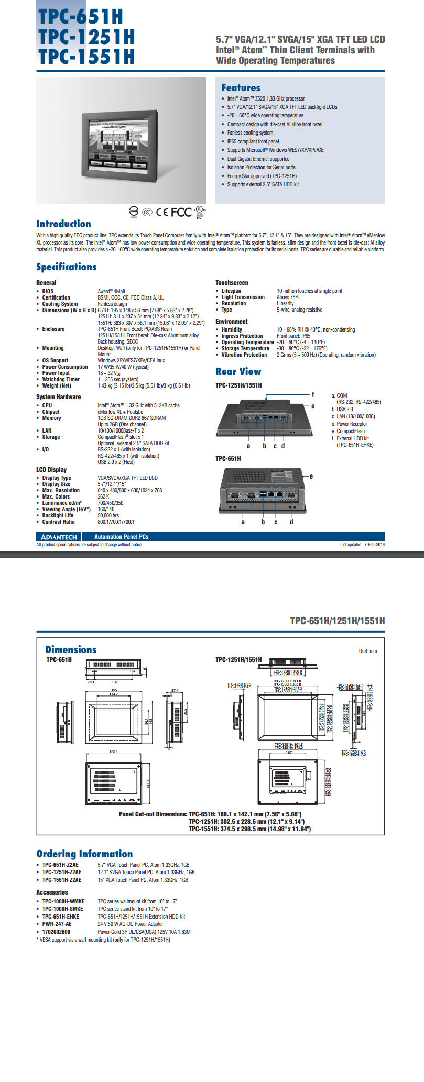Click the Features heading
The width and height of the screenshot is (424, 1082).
tap(241, 88)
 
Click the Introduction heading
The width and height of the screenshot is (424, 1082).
tap(63, 224)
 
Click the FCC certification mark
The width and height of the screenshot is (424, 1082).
tap(181, 212)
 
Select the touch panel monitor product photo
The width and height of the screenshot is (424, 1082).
tap(122, 141)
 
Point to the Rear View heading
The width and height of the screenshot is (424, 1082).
tap(238, 371)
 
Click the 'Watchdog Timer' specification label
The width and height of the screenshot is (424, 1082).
tap(61, 379)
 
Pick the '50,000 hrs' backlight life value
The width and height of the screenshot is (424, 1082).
tap(108, 515)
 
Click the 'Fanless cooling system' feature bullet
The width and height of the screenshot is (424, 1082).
tap(250, 133)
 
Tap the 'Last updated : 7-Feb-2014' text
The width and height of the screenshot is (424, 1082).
tap(362, 545)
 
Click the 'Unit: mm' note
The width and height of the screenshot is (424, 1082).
tap(367, 651)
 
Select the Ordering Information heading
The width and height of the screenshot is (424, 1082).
tap(84, 854)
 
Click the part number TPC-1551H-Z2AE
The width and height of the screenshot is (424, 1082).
tap(61, 880)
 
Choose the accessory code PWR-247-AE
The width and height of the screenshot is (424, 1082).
tap(57, 924)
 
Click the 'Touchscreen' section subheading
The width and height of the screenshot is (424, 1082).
tap(232, 283)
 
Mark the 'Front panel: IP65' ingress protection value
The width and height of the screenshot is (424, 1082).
tap(293, 336)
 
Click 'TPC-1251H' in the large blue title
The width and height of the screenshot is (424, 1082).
tap(86, 37)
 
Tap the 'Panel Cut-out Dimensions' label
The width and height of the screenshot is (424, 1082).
tap(153, 814)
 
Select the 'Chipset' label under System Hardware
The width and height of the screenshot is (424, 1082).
tap(51, 412)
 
